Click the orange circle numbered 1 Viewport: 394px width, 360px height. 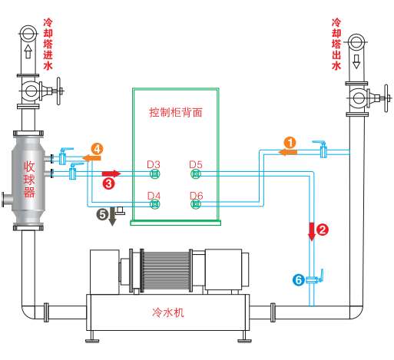290,143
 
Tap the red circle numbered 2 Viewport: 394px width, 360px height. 323,230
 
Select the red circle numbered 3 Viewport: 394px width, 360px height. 109,183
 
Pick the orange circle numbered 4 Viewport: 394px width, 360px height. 97,149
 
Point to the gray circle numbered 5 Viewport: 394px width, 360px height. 102,214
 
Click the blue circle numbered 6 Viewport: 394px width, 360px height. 299,279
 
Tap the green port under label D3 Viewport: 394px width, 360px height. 155,174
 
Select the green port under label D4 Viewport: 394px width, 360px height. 155,204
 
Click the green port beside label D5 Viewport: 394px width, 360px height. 196,174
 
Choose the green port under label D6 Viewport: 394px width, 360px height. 196,204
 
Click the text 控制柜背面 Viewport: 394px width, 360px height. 176,112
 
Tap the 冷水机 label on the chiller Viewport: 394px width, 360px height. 168,312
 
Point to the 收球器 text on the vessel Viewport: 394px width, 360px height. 29,180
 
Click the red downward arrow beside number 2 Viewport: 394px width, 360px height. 312,232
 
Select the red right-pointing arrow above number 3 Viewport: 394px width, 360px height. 111,173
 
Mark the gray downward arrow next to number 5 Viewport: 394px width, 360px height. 112,216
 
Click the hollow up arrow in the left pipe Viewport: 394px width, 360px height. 28,51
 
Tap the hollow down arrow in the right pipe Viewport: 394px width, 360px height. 356,61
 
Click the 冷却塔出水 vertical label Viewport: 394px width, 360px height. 336,44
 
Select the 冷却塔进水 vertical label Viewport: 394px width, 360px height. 48,44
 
